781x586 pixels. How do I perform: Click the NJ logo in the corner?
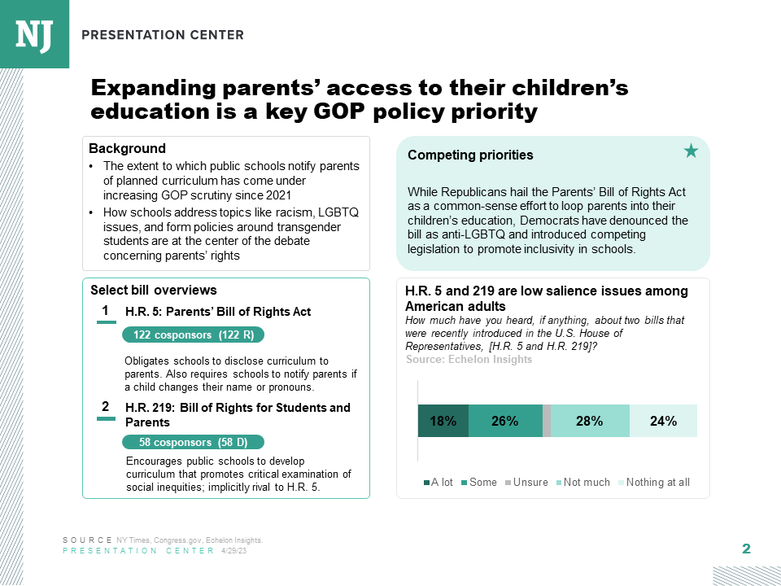click(x=34, y=34)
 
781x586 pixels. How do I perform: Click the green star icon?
click(x=691, y=151)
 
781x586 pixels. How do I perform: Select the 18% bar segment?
click(x=443, y=421)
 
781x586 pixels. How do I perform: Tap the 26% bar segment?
click(x=504, y=421)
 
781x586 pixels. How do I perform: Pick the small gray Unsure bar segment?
click(x=547, y=421)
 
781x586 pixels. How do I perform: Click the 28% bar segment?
click(x=590, y=421)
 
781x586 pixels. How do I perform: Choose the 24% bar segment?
click(x=663, y=421)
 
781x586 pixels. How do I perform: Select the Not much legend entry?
click(x=582, y=482)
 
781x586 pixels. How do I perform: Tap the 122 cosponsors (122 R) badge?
click(x=193, y=335)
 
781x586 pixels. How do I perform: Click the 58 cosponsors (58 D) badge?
click(x=193, y=442)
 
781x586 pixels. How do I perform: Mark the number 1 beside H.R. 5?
click(x=105, y=311)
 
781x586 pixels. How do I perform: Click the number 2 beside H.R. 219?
click(x=105, y=406)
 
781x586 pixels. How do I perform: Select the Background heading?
click(x=127, y=148)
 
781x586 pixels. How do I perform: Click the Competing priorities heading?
click(x=470, y=155)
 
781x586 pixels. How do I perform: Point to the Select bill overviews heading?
click(x=153, y=290)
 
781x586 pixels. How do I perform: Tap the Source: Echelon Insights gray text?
click(x=469, y=359)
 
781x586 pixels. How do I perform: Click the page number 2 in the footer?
click(x=746, y=549)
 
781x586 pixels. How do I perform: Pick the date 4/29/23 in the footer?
click(x=233, y=551)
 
